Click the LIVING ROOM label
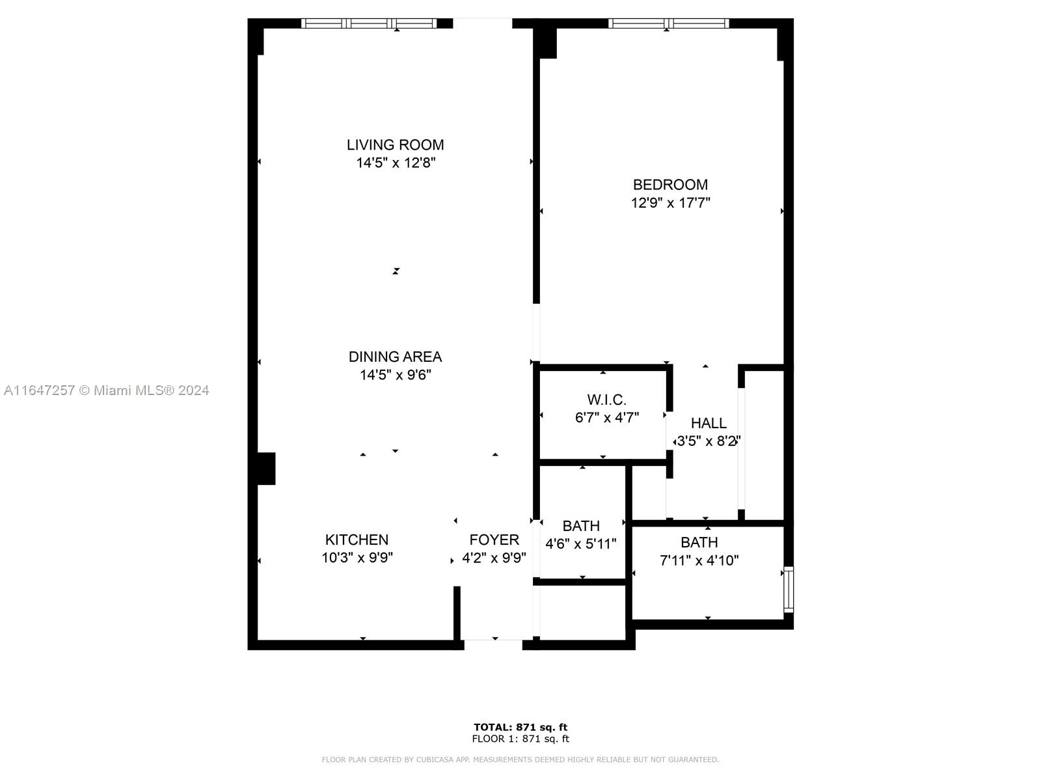click(395, 144)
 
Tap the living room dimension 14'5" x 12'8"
click(396, 163)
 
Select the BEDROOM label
click(670, 184)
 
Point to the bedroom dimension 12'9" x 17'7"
click(670, 202)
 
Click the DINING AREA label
click(395, 357)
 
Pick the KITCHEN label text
click(357, 540)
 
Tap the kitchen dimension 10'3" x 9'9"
click(357, 558)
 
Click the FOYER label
click(494, 540)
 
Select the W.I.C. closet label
click(606, 400)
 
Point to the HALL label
click(709, 423)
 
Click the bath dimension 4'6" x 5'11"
click(580, 543)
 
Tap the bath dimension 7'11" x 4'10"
click(699, 560)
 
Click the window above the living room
click(369, 23)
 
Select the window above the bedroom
click(669, 23)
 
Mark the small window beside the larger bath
click(788, 590)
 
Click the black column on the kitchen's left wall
click(266, 469)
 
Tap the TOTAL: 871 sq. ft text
click(520, 727)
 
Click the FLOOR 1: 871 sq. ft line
click(520, 738)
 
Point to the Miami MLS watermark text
click(106, 390)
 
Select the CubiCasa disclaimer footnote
click(520, 759)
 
